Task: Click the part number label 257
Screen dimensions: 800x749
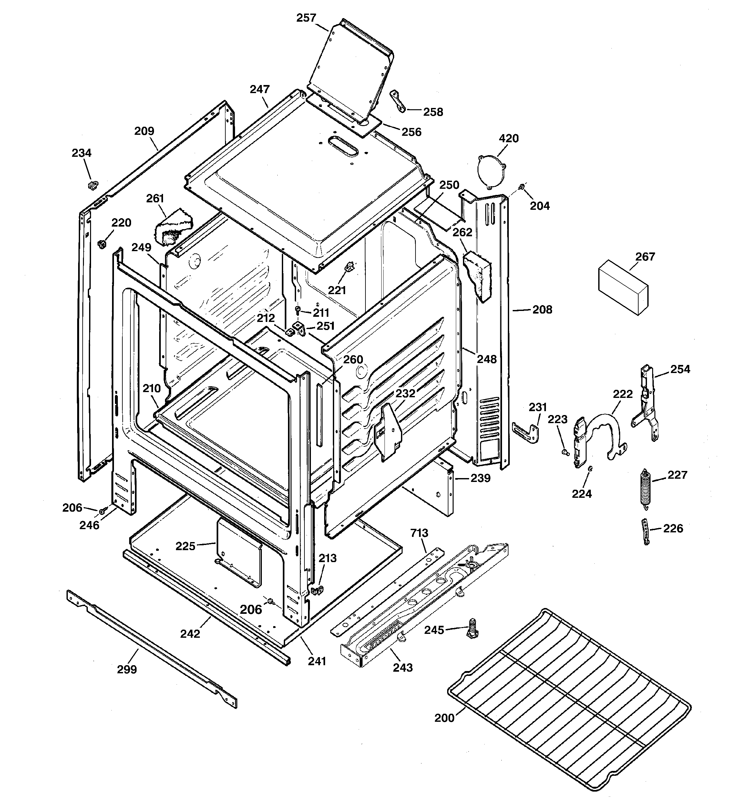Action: pyautogui.click(x=306, y=18)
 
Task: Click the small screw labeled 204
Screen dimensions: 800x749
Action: pyautogui.click(x=521, y=186)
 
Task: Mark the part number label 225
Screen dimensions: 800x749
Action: pyautogui.click(x=185, y=546)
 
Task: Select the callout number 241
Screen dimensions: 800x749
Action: pyautogui.click(x=317, y=661)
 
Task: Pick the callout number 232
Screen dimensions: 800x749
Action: pyautogui.click(x=405, y=393)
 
